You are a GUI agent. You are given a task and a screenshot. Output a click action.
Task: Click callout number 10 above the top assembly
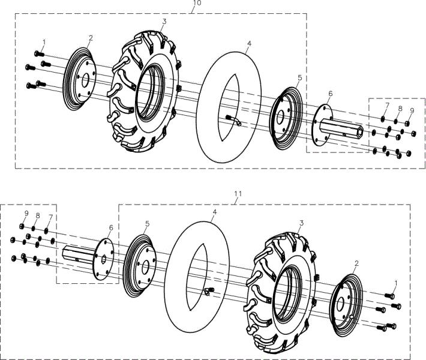coord(197,3)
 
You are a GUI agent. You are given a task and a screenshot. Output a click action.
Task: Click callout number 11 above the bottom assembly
coord(238,194)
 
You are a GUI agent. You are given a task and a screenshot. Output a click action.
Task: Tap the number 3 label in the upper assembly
coord(164,22)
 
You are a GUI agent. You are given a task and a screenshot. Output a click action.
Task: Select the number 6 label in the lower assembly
coord(111,227)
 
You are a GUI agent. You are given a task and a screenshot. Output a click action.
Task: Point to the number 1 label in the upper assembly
coord(44,42)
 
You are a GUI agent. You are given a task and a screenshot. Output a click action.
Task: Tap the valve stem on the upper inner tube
coord(233,120)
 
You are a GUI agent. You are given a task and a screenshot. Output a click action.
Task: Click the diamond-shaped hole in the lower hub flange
coord(104,259)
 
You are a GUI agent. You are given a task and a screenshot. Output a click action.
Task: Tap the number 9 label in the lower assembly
coord(26,213)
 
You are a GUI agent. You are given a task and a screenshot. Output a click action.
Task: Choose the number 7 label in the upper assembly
coord(387,105)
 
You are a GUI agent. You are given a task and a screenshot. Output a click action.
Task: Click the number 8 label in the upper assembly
coord(400,108)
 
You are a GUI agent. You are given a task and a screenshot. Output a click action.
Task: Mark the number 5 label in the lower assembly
coord(147,224)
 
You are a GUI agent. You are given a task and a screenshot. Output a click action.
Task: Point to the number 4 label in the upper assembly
coord(249,43)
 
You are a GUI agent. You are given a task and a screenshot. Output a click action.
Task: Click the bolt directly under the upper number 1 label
coord(40,54)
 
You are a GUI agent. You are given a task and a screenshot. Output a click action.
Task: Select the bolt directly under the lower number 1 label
coord(389,296)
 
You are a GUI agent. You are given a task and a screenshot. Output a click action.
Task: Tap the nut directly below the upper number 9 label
coord(407,124)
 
